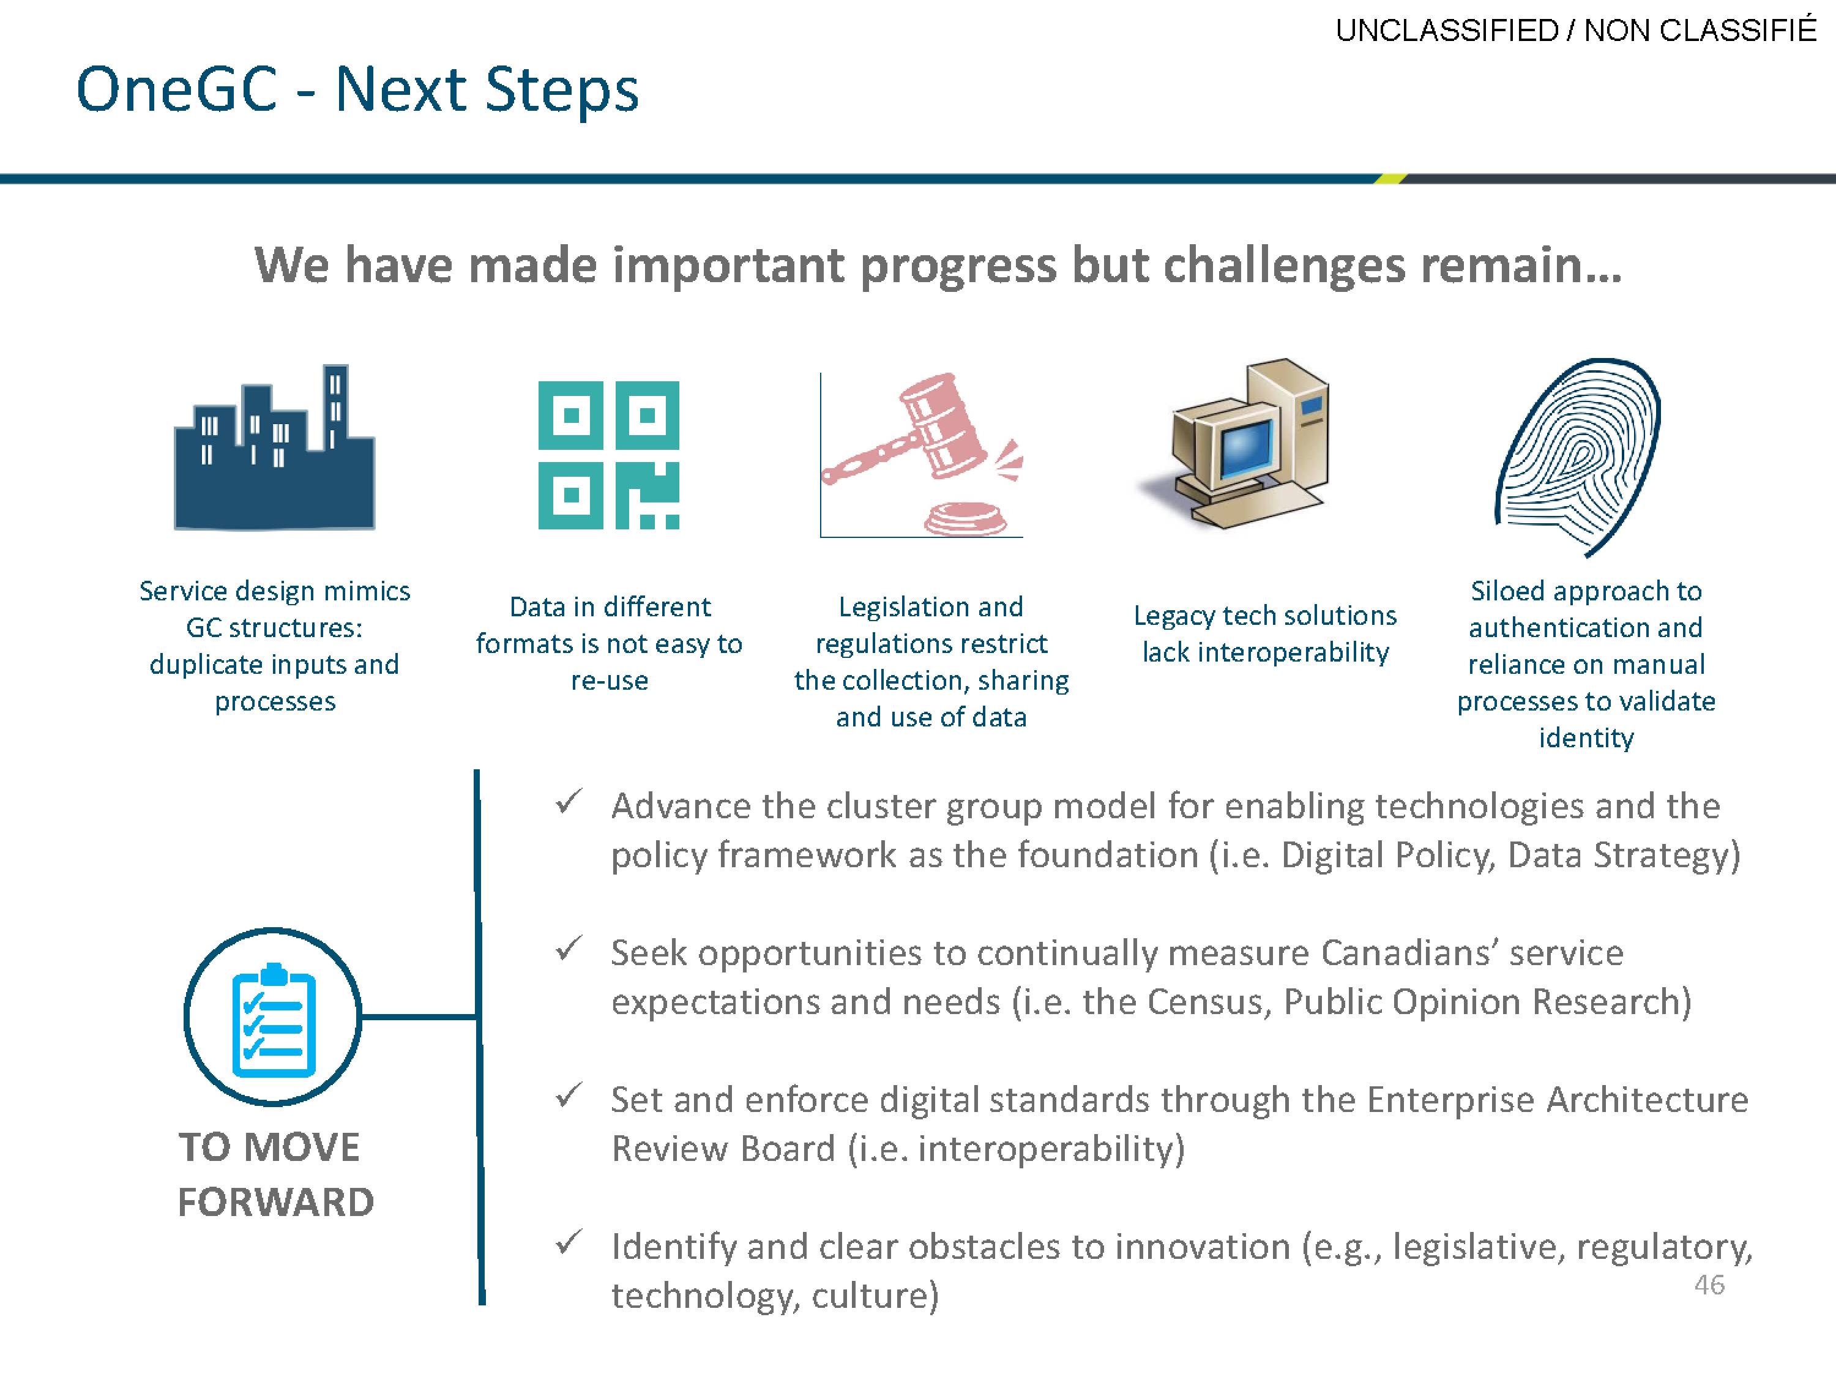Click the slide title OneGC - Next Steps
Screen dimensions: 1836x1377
coord(357,89)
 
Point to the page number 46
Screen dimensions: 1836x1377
coord(1709,1285)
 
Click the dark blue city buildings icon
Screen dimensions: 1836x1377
coord(274,447)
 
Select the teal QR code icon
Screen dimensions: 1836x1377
coord(608,455)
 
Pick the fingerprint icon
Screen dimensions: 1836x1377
coord(1577,457)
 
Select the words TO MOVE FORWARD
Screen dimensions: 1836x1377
coord(275,1174)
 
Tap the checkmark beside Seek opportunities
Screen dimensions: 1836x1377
coord(569,948)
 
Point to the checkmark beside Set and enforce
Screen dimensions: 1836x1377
coord(569,1095)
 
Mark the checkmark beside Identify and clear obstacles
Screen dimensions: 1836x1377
coord(569,1242)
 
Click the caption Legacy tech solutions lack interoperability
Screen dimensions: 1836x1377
coord(1265,633)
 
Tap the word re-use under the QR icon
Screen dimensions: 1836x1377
coord(609,681)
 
